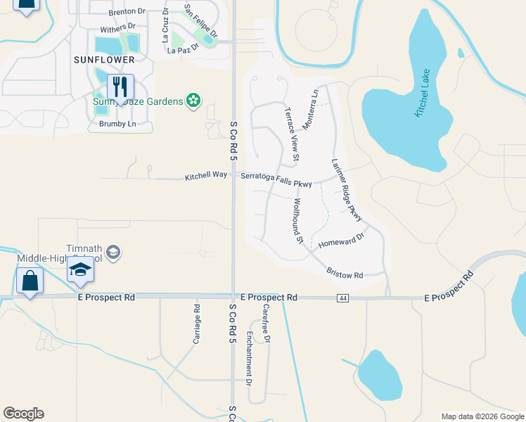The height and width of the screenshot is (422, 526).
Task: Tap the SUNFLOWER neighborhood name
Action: (x=103, y=60)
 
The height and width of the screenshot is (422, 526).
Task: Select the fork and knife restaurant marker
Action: (x=120, y=88)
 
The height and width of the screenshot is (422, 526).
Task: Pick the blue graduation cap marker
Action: (x=80, y=269)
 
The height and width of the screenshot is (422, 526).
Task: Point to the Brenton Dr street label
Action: (x=127, y=12)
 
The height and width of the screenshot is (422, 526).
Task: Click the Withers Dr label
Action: (x=117, y=29)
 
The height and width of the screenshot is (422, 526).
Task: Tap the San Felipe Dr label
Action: (x=201, y=21)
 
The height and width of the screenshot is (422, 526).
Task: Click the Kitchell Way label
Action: (x=206, y=176)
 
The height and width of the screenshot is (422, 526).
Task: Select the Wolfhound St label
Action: (x=298, y=221)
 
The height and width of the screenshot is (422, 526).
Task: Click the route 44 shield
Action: (x=343, y=298)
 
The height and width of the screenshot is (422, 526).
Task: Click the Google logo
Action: (x=23, y=414)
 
